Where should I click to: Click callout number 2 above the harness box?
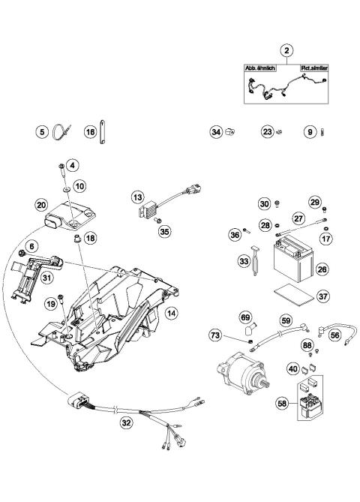286,50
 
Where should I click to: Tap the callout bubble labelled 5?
42,132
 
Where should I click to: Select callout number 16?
90,132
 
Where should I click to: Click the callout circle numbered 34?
215,132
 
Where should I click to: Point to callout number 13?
136,197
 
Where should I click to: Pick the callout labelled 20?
42,204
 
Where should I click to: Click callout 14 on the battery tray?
171,314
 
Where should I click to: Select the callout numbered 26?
322,266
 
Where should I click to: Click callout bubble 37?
322,296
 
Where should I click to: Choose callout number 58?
282,403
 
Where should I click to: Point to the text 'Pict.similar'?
316,67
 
